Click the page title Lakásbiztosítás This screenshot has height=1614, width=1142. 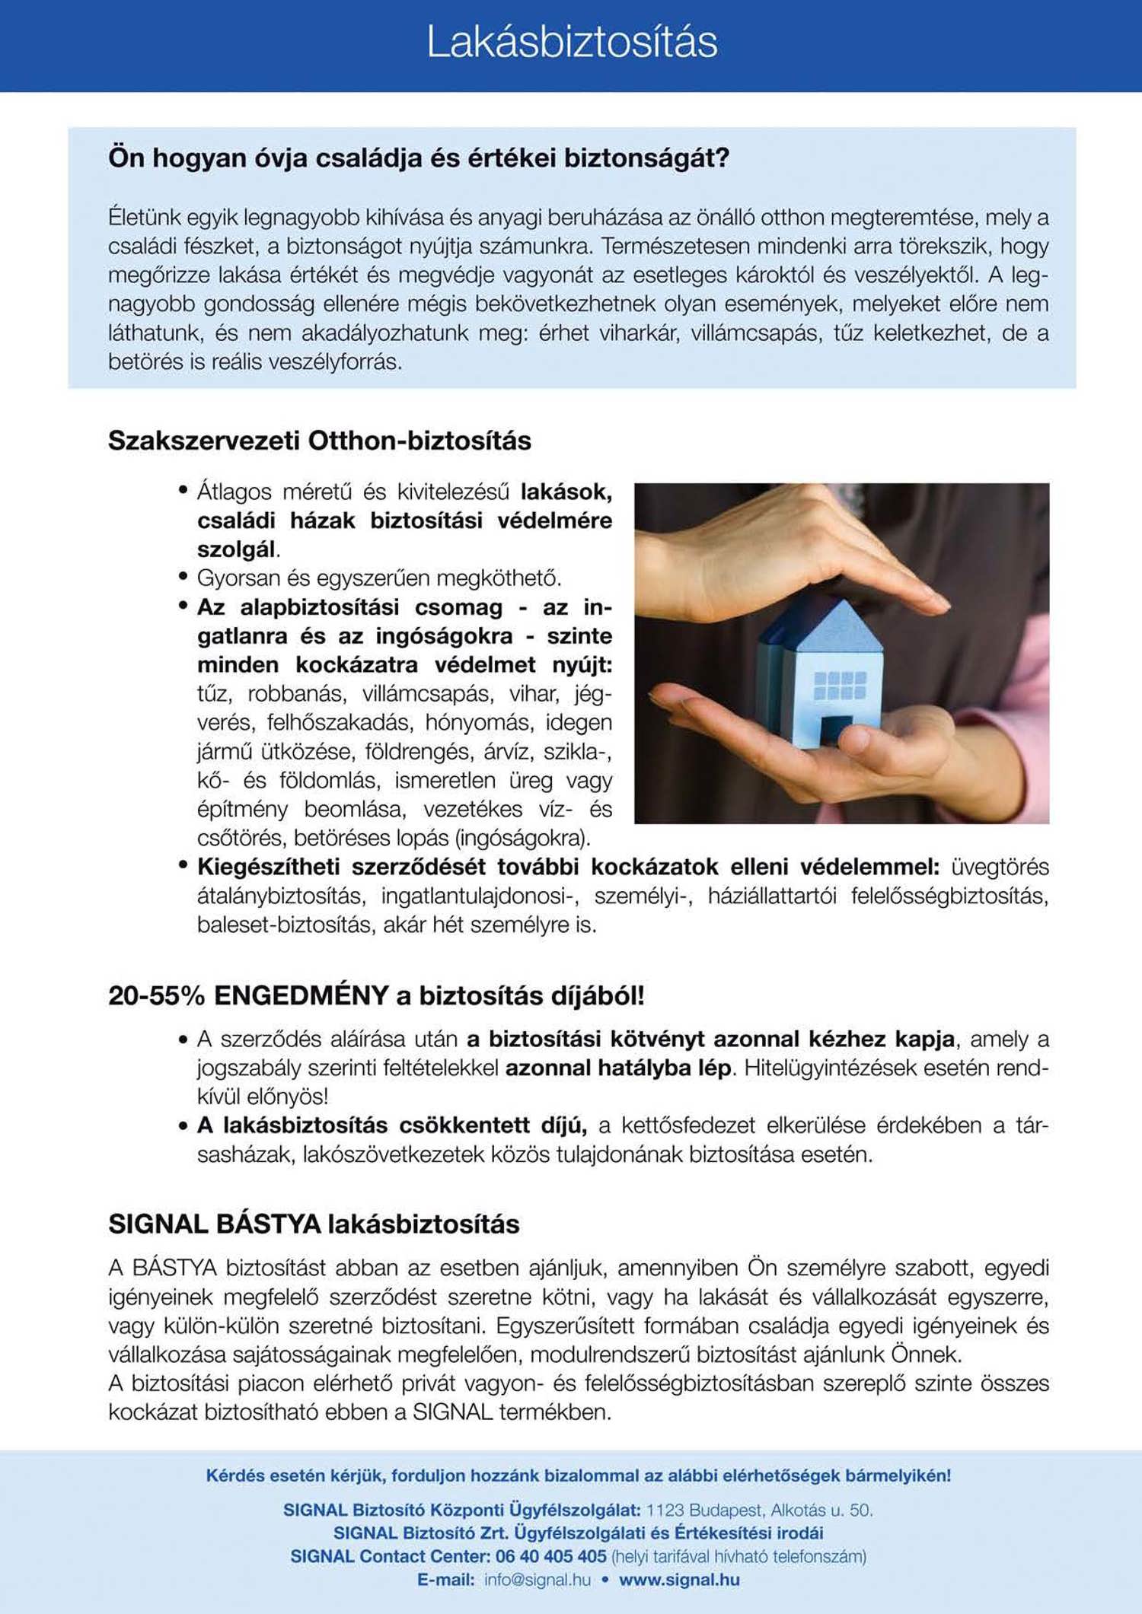point(571,42)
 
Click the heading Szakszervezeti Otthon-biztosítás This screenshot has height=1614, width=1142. point(320,441)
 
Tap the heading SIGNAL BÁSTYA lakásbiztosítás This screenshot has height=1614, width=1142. point(314,1224)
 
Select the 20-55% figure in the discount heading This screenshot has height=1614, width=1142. point(157,995)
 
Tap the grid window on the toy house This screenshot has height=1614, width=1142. point(840,685)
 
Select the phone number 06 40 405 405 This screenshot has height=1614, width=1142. point(550,1556)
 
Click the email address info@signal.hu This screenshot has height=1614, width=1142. point(538,1580)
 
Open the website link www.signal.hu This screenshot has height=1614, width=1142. point(679,1580)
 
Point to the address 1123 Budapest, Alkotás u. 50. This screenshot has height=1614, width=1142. point(759,1510)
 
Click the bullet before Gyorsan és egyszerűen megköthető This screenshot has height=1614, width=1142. point(183,577)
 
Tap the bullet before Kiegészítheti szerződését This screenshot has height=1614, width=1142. point(183,865)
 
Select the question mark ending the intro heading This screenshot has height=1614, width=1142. point(723,158)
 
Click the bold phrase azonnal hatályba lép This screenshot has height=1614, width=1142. point(617,1068)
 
